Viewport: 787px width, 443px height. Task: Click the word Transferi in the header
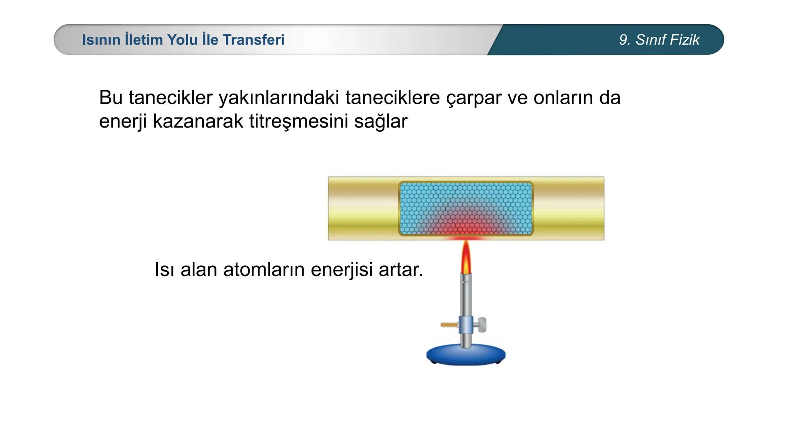click(253, 40)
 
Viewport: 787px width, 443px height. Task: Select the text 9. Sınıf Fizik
click(659, 40)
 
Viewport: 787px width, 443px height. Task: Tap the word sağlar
click(381, 122)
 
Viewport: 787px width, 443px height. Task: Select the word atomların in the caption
click(264, 270)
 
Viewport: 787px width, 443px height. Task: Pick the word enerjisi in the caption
click(341, 270)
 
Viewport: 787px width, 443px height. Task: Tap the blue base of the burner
click(466, 355)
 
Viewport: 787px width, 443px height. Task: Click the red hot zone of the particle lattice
click(466, 226)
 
